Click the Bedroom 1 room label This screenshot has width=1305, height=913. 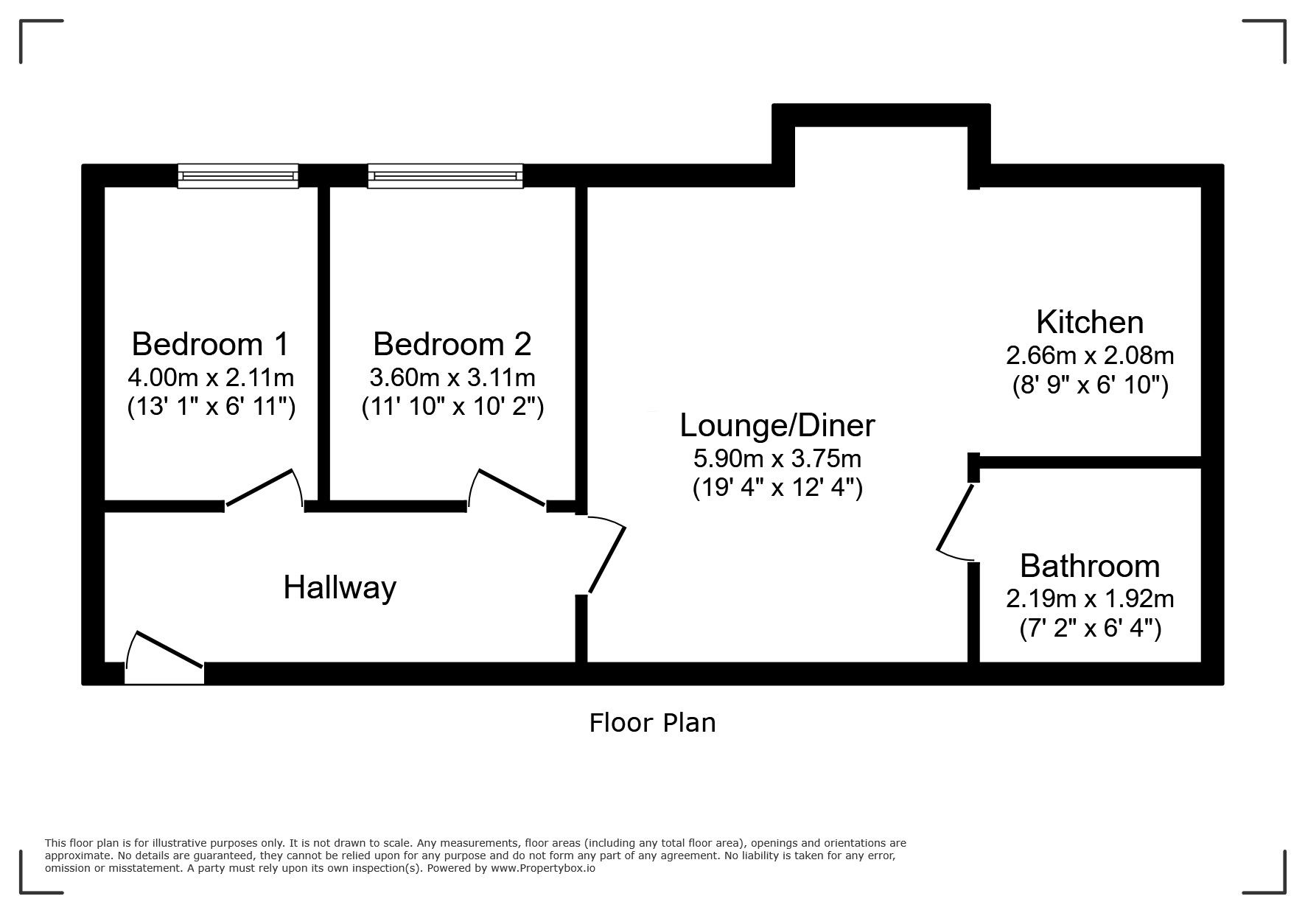[x=210, y=344]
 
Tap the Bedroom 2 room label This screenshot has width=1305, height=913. [x=452, y=344]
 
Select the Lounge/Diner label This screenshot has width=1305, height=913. [x=777, y=425]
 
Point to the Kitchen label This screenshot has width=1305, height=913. [x=1090, y=322]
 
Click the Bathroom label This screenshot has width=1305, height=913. [x=1090, y=566]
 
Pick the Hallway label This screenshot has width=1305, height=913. [x=340, y=588]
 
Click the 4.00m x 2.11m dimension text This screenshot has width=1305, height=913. [x=211, y=378]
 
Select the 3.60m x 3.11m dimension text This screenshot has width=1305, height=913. [x=452, y=378]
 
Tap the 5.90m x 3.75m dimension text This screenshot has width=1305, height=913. [x=777, y=459]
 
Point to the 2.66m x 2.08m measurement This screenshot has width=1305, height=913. [x=1090, y=356]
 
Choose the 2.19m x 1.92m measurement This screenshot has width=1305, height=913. [x=1090, y=599]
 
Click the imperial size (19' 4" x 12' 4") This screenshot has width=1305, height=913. [x=777, y=489]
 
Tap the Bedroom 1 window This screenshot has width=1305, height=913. [x=238, y=176]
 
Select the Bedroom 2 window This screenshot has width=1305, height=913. [x=445, y=176]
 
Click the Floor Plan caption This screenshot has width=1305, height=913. [x=652, y=723]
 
